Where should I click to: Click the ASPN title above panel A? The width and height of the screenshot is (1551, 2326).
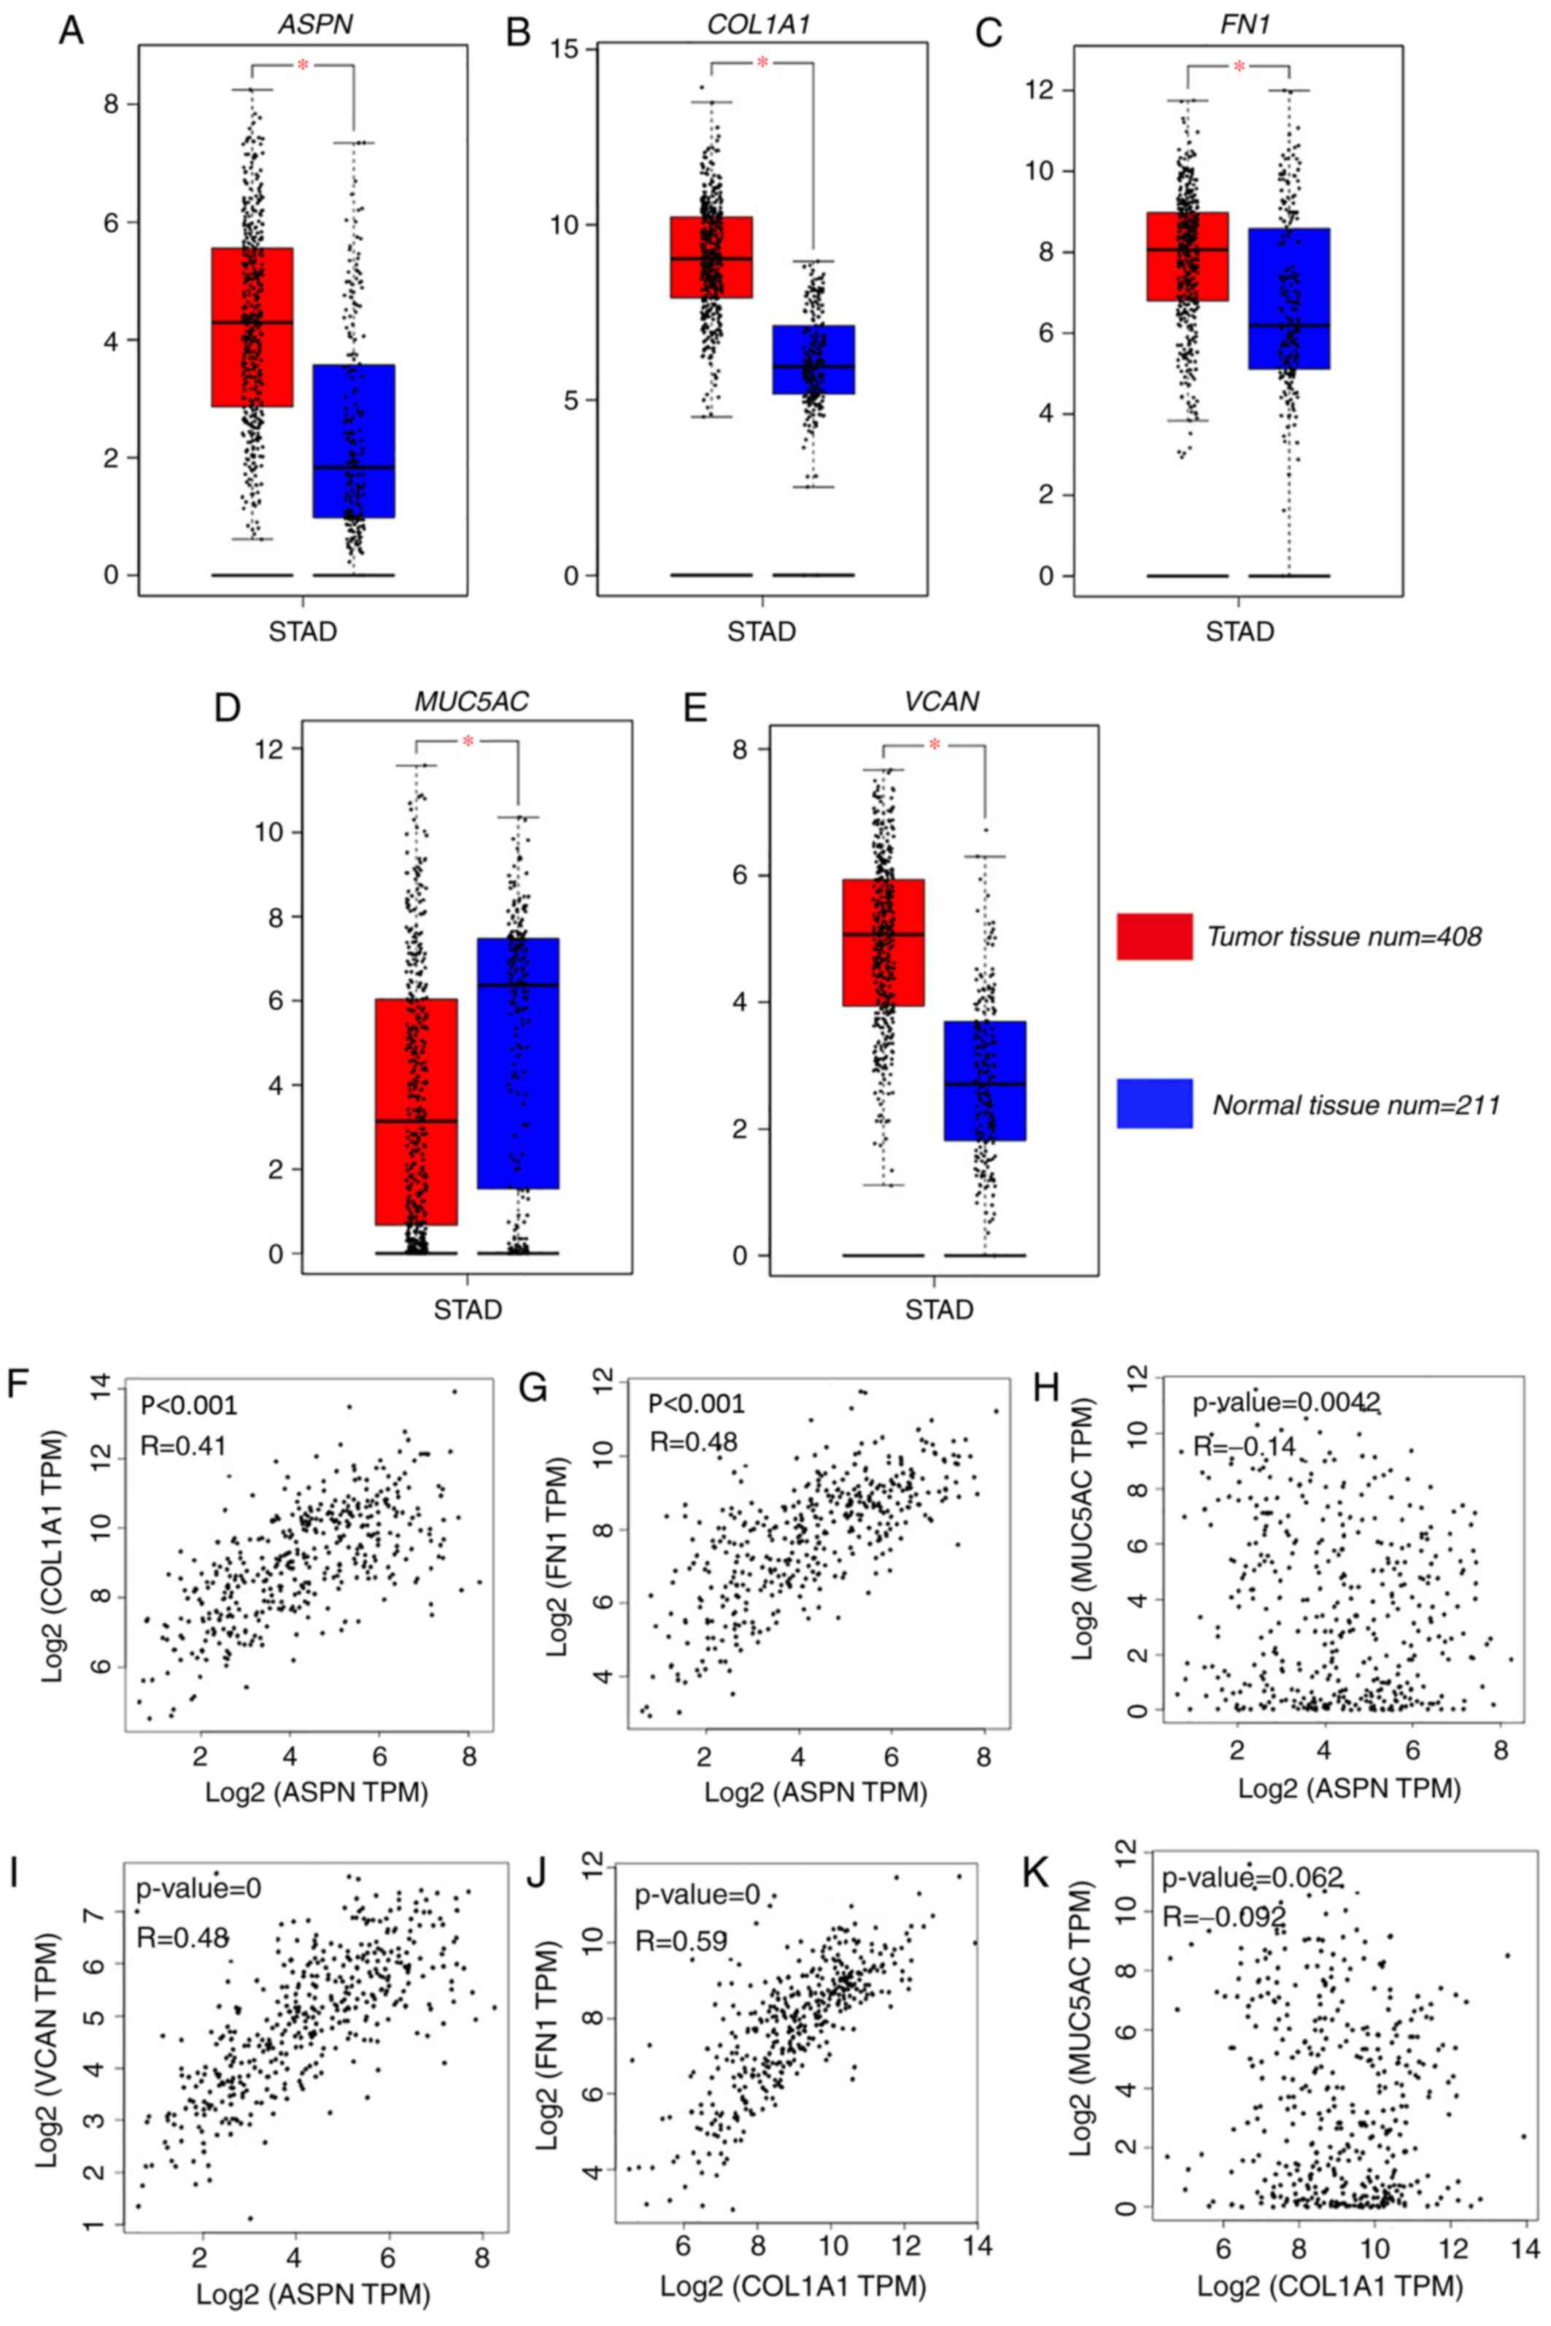[314, 24]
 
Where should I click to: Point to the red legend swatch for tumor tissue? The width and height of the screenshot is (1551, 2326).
[1154, 936]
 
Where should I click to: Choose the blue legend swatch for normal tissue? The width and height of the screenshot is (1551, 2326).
[1154, 1103]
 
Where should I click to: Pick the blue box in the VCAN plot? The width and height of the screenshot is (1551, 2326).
[985, 1080]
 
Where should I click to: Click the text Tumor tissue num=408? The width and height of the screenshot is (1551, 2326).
[1343, 936]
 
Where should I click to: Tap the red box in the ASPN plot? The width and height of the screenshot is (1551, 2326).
[252, 326]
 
